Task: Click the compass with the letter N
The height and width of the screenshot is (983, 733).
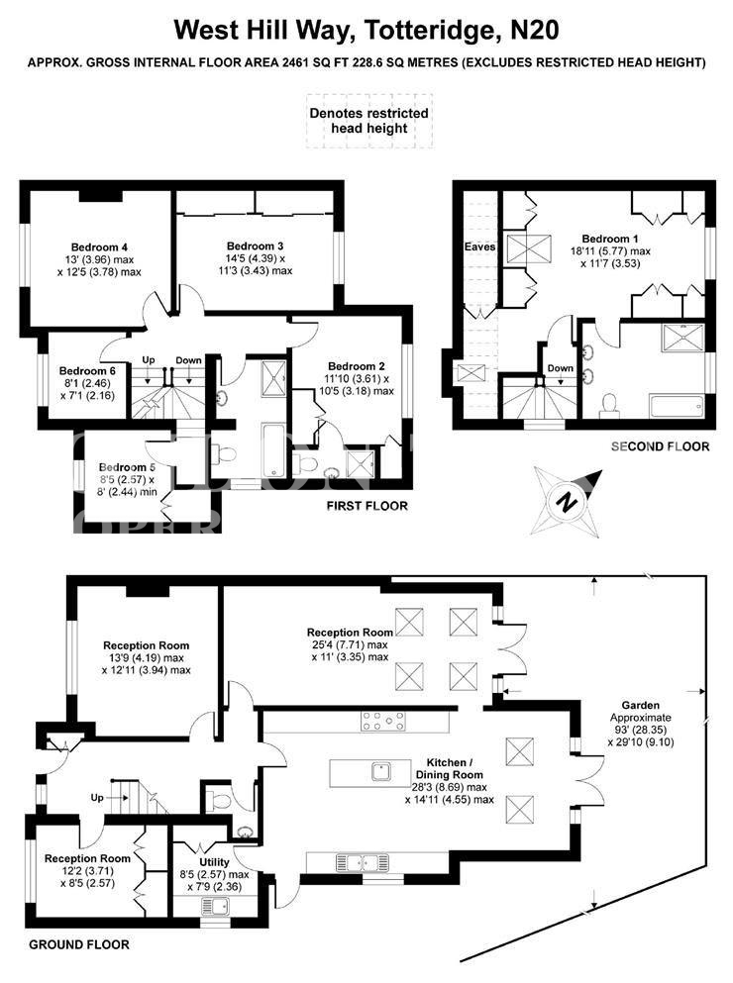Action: pyautogui.click(x=566, y=502)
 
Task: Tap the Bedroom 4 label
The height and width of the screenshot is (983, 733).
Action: pyautogui.click(x=99, y=247)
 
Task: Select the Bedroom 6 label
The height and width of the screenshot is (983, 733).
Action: pyautogui.click(x=87, y=371)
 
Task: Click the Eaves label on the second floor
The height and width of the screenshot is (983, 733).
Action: pyautogui.click(x=479, y=247)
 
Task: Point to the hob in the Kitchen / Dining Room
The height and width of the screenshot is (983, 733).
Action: pyautogui.click(x=383, y=721)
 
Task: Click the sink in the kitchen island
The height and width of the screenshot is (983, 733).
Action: pyautogui.click(x=382, y=770)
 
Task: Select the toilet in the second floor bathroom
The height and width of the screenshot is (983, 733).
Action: pyautogui.click(x=609, y=405)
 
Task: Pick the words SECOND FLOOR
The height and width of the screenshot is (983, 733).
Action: pyautogui.click(x=661, y=446)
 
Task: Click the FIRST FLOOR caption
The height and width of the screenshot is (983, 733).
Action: pyautogui.click(x=367, y=506)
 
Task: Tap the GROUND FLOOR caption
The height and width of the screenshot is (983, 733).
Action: pyautogui.click(x=79, y=944)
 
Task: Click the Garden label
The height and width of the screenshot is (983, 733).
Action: pyautogui.click(x=640, y=705)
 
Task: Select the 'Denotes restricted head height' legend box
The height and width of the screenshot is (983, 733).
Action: pyautogui.click(x=369, y=121)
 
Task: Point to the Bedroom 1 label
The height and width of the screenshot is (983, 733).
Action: pyautogui.click(x=610, y=239)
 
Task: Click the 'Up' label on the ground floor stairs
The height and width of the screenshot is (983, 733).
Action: pyautogui.click(x=97, y=798)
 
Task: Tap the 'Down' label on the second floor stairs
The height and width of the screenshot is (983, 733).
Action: pyautogui.click(x=561, y=368)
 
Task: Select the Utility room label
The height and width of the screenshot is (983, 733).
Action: pyautogui.click(x=214, y=862)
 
